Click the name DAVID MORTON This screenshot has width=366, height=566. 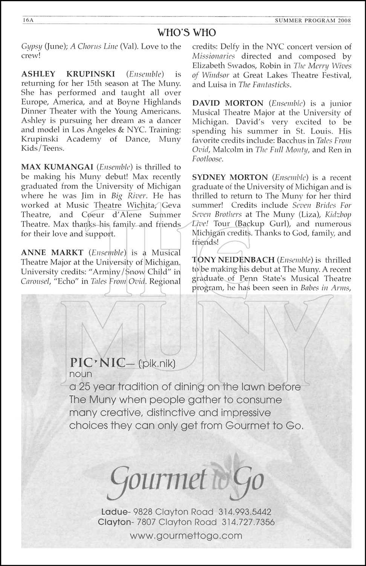(x=228, y=103)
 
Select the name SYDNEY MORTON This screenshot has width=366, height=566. (x=230, y=177)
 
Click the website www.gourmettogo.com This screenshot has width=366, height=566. (x=186, y=535)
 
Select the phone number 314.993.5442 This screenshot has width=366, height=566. (x=245, y=512)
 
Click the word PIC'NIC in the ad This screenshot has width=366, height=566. (x=97, y=363)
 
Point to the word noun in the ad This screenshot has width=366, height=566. (x=81, y=374)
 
